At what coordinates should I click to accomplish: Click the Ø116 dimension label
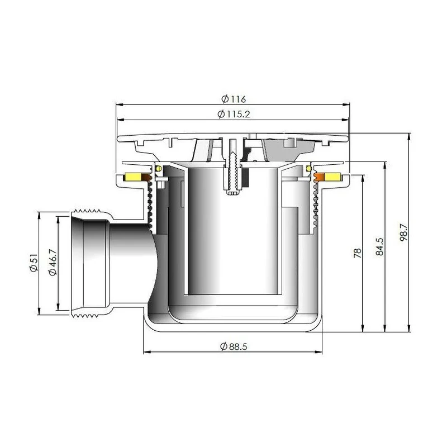234,99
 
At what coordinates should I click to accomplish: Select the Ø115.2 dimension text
234,114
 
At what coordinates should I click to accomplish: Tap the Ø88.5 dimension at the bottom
234,346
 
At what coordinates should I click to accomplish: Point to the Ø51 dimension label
34,263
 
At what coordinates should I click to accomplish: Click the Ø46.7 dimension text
53,262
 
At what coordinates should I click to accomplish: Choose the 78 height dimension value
357,253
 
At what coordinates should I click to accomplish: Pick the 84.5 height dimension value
380,247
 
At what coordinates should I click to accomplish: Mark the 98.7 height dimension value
403,232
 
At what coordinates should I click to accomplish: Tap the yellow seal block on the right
333,177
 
